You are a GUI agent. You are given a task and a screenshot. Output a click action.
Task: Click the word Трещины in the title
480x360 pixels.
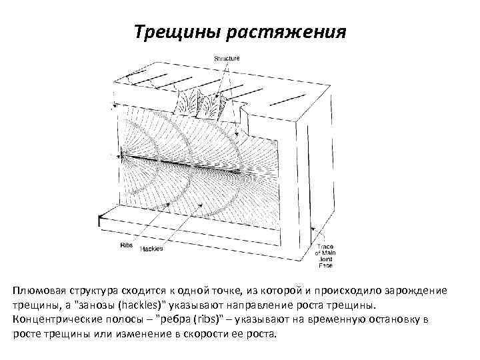point(173,32)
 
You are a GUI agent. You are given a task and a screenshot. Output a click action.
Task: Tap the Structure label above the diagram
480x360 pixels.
point(227,59)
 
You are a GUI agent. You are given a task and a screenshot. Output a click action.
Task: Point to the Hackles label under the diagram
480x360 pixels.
point(151,249)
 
